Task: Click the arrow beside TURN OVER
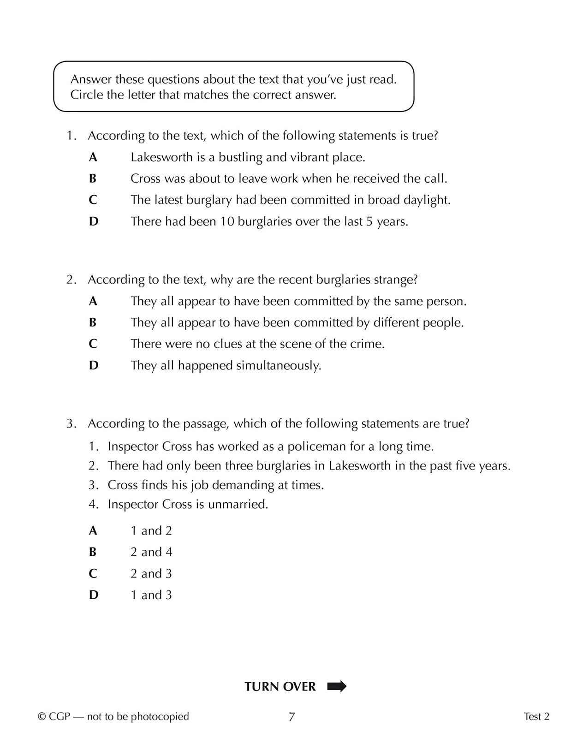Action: tap(337, 686)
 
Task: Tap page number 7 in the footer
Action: tap(291, 717)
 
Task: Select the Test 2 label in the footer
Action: tap(536, 716)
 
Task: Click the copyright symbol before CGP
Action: tap(42, 717)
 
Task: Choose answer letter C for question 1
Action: tap(93, 200)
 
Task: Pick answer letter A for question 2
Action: tap(93, 301)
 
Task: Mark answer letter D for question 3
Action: tap(93, 595)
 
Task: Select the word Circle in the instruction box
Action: tap(85, 95)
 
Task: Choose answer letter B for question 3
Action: tap(93, 552)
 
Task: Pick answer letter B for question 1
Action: tap(93, 179)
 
